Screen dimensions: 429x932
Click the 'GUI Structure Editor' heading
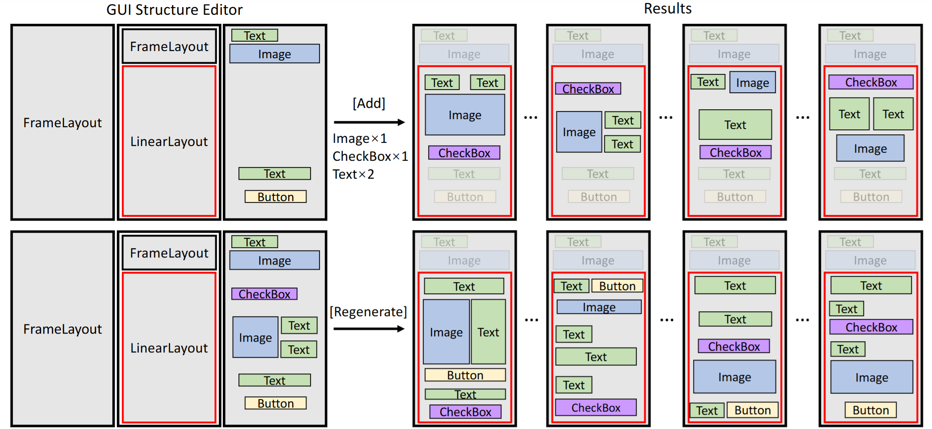pyautogui.click(x=174, y=9)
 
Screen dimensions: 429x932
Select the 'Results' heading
pyautogui.click(x=667, y=9)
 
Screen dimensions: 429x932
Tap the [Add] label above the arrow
pyautogui.click(x=369, y=103)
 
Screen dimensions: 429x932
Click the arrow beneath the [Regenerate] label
pyautogui.click(x=369, y=329)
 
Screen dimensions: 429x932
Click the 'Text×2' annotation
pyautogui.click(x=353, y=174)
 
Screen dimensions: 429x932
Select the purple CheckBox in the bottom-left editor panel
pyautogui.click(x=264, y=294)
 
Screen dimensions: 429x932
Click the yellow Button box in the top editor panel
pyautogui.click(x=275, y=197)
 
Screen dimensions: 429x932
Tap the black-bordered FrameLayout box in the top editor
pyautogui.click(x=169, y=47)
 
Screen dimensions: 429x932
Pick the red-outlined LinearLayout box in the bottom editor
pyautogui.click(x=169, y=347)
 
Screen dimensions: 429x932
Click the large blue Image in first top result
pyautogui.click(x=464, y=115)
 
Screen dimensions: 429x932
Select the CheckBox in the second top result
pyautogui.click(x=587, y=89)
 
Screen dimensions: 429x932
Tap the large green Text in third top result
pyautogui.click(x=735, y=124)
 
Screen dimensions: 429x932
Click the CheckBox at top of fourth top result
pyautogui.click(x=870, y=82)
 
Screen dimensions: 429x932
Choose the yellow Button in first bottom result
pyautogui.click(x=464, y=375)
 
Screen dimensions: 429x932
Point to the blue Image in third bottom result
pyautogui.click(x=734, y=377)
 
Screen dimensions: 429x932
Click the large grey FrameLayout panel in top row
pyautogui.click(x=63, y=122)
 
